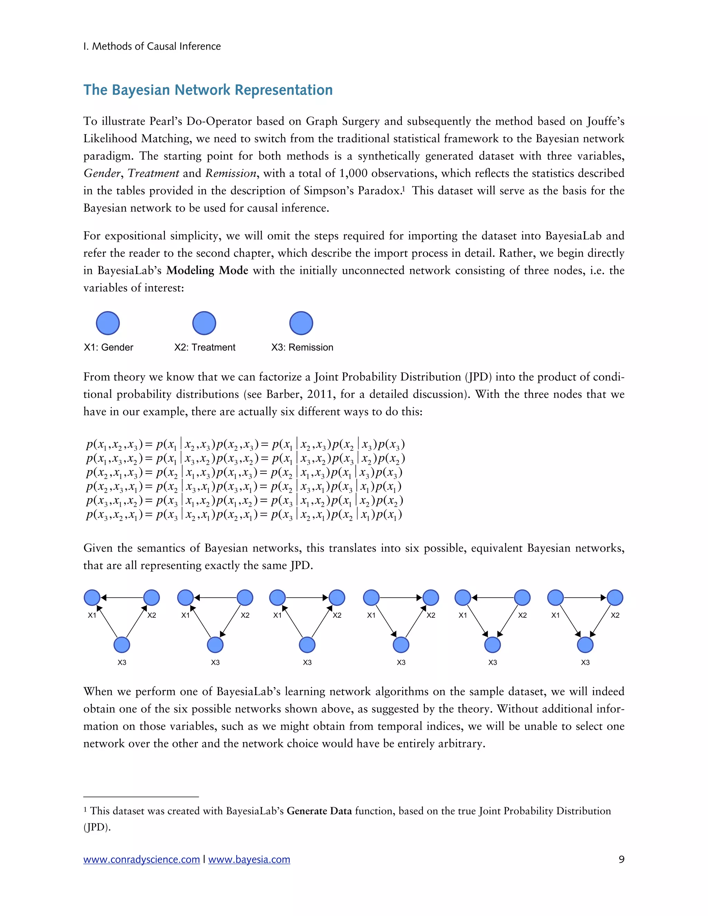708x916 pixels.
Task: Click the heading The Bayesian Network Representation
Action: (208, 90)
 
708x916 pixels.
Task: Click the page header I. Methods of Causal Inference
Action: (152, 46)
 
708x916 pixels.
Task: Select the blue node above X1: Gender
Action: (108, 323)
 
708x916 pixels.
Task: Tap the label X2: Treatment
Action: (205, 347)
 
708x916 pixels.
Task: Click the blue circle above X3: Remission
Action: (301, 323)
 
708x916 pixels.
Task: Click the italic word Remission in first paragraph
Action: (231, 173)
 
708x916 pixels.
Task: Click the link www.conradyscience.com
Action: (141, 859)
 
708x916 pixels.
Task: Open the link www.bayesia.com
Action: (249, 859)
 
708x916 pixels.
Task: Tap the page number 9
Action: (621, 859)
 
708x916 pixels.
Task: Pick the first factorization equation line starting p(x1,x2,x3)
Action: (245, 445)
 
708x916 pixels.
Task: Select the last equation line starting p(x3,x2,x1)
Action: (244, 515)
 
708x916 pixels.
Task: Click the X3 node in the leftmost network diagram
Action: (122, 645)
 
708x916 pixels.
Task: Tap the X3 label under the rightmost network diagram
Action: (585, 662)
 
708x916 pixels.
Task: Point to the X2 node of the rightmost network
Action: (615, 597)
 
